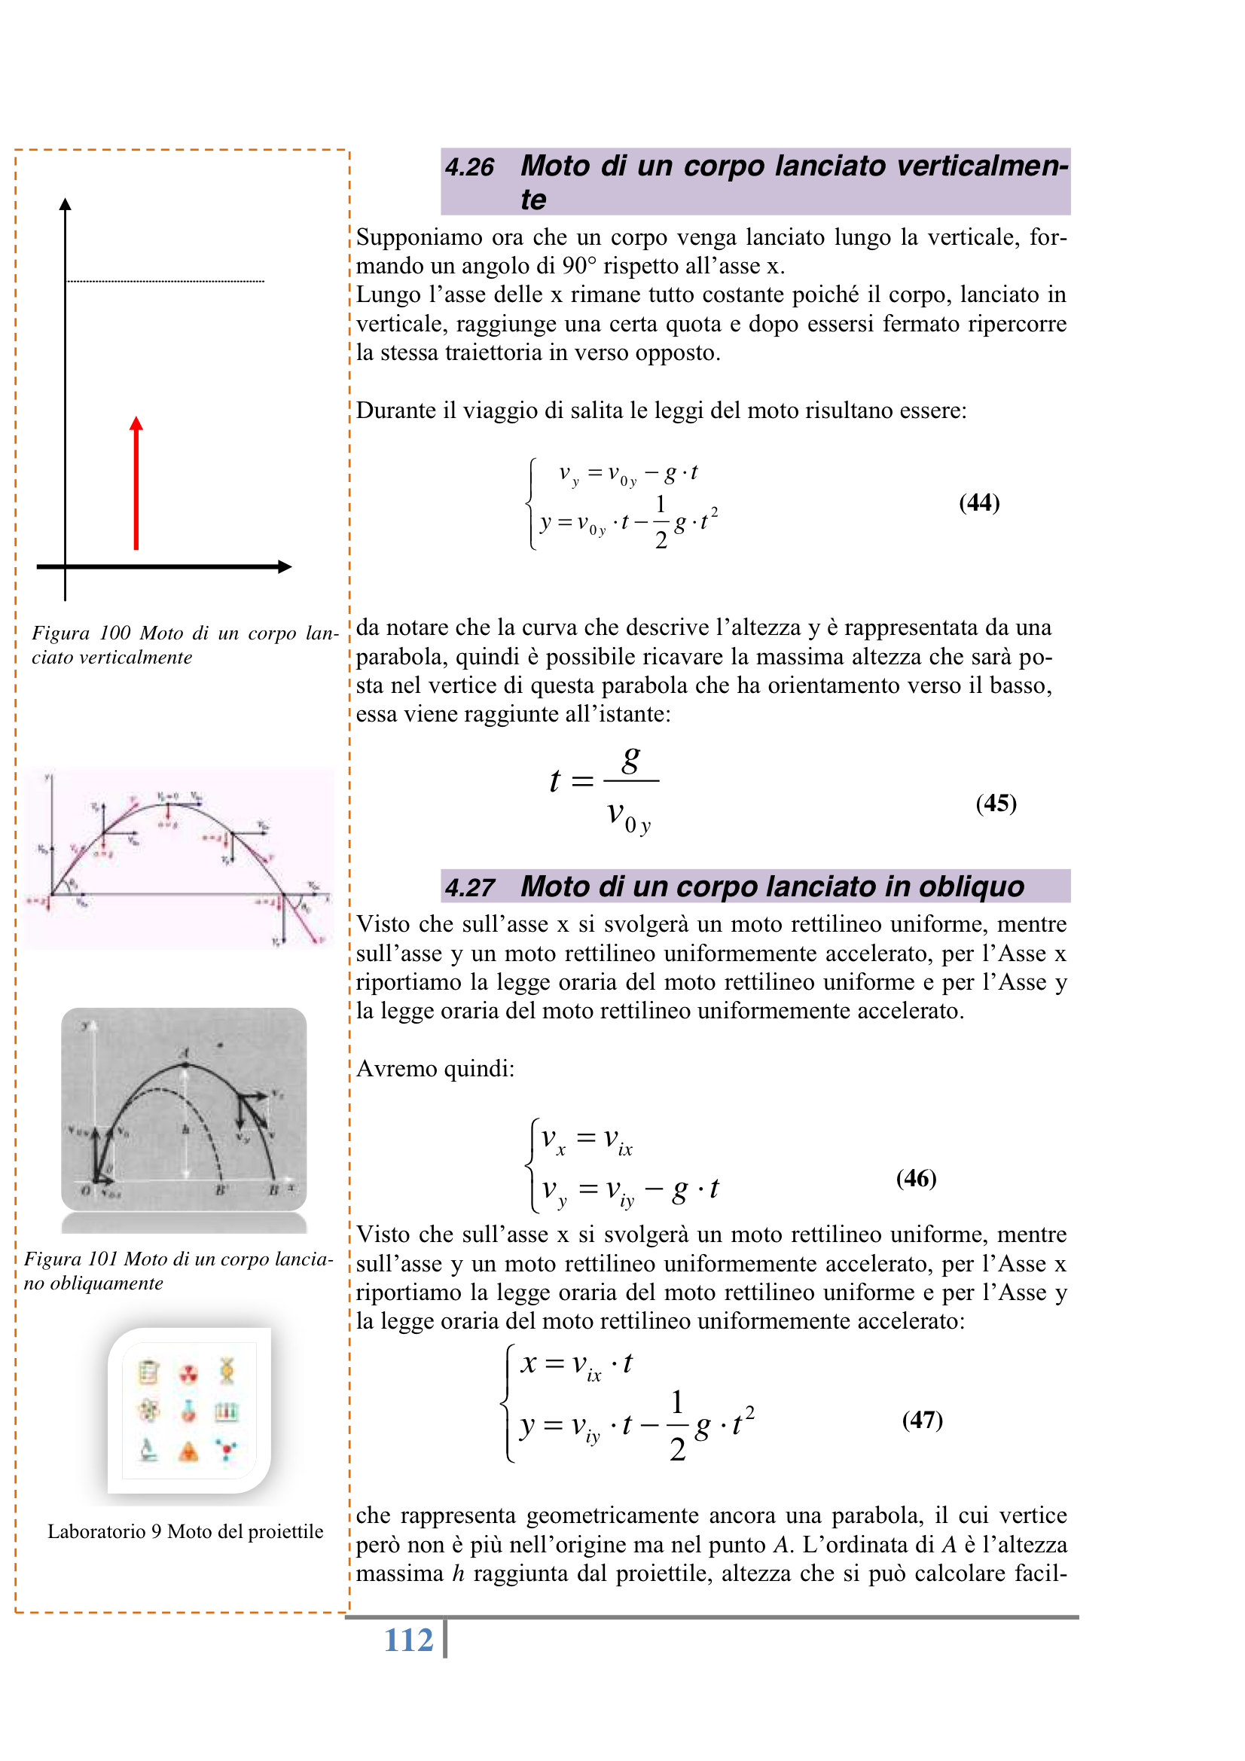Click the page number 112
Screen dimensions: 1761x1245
[408, 1640]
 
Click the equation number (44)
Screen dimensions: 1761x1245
[979, 502]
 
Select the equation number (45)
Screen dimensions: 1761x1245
[996, 803]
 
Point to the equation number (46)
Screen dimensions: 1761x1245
[916, 1178]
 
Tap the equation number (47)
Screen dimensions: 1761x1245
[922, 1420]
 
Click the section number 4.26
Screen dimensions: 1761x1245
[469, 167]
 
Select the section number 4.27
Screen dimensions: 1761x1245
[469, 887]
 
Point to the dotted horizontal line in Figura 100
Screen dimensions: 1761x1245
[166, 282]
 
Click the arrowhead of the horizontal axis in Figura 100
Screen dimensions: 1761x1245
[285, 567]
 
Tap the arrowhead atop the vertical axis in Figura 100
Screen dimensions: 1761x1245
[66, 204]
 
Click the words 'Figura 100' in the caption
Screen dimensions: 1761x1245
[81, 633]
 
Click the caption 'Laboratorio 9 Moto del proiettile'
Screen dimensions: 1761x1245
[185, 1532]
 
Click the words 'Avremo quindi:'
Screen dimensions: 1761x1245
[435, 1068]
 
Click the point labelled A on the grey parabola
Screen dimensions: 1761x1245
[185, 1064]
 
